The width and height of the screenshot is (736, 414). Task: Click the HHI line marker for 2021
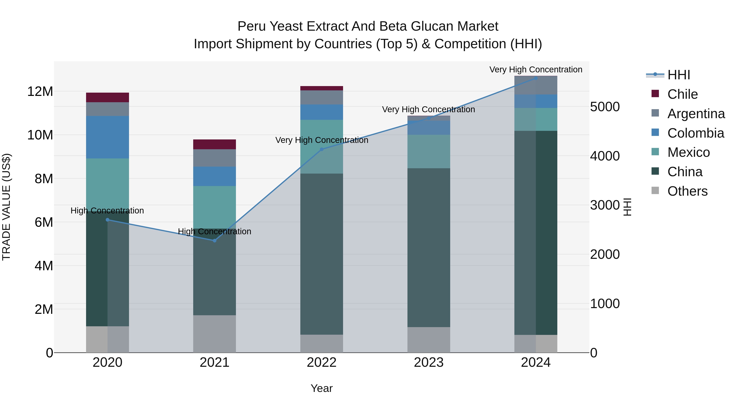click(215, 241)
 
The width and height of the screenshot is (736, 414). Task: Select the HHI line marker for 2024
click(536, 78)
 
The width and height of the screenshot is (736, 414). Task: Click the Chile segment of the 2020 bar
click(107, 98)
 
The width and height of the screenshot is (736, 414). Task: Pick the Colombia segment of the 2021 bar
click(215, 176)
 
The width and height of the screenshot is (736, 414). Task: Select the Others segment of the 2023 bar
click(429, 340)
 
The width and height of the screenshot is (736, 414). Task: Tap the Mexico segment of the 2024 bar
click(536, 119)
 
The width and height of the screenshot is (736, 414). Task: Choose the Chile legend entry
click(682, 94)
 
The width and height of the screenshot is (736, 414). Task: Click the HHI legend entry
click(678, 75)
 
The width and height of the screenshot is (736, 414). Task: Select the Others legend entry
click(687, 191)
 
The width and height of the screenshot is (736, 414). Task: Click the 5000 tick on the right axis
click(605, 107)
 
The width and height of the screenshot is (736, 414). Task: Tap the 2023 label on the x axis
click(429, 362)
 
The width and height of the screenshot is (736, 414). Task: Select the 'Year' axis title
click(321, 388)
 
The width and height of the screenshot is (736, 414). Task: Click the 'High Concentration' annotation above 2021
click(215, 231)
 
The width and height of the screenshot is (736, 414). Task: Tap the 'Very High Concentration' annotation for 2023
click(428, 109)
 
